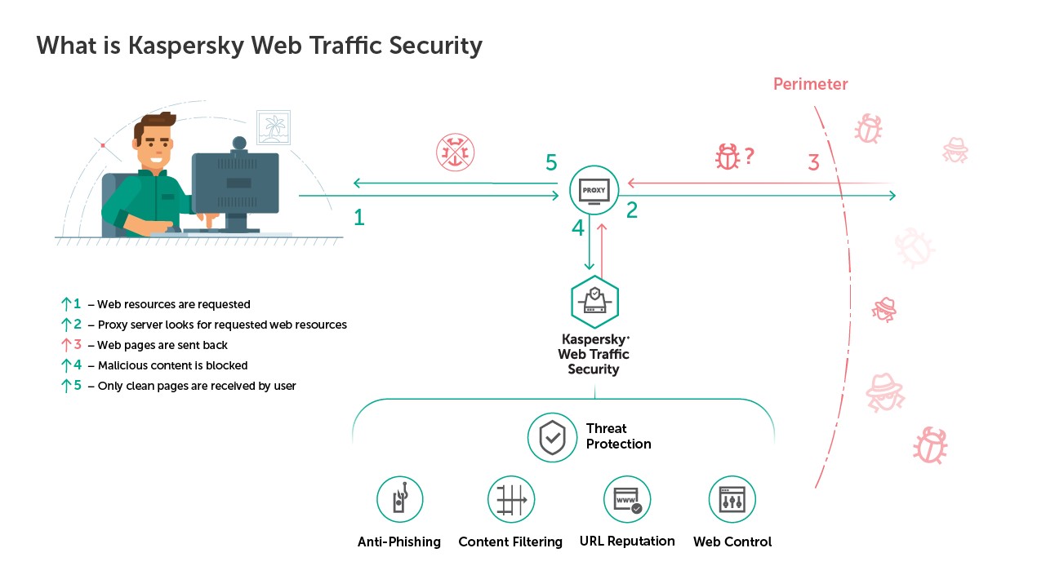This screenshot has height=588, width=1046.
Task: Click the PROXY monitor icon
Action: [x=594, y=190]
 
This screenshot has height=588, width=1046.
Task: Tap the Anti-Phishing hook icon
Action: [x=399, y=499]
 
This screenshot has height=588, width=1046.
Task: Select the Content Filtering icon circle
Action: [x=511, y=499]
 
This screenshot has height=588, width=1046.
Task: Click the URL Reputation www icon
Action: [x=627, y=499]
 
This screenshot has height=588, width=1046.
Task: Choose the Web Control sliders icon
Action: [x=732, y=499]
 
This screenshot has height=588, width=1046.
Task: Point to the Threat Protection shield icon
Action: [x=553, y=437]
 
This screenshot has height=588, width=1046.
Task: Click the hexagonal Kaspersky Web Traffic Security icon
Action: [x=594, y=302]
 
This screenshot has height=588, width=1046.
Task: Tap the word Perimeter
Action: [x=810, y=84]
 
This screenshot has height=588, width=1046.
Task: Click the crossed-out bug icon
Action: [x=455, y=153]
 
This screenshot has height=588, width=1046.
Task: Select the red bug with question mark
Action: [x=728, y=157]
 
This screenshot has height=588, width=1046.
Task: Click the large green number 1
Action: [x=358, y=217]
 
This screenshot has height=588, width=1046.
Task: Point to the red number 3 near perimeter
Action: [x=813, y=162]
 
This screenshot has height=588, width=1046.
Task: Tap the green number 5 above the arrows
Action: [x=551, y=163]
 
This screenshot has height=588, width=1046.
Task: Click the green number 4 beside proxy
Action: [x=578, y=228]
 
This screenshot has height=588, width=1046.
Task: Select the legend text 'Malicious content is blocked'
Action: [x=172, y=365]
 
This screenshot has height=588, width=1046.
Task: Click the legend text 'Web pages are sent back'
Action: [x=162, y=345]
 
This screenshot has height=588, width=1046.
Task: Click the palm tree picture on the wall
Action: [x=274, y=128]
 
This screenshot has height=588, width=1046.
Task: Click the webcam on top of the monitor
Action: [x=238, y=144]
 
